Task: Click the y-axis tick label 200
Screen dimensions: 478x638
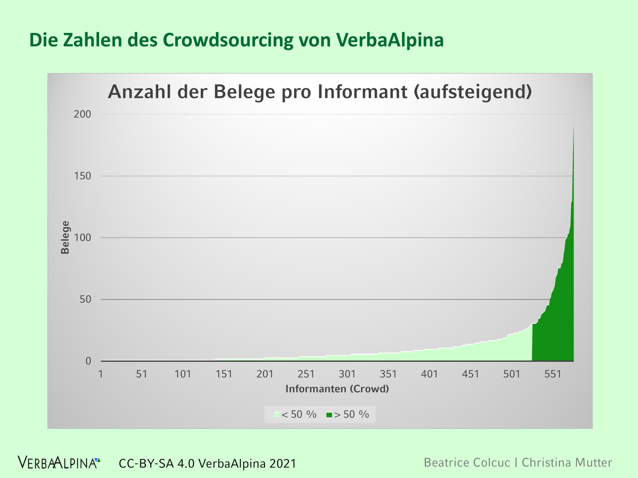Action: coord(82,114)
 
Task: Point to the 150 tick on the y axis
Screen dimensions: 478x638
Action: coord(82,176)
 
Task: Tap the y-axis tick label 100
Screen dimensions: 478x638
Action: coord(82,238)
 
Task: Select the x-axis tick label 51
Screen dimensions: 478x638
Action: coord(142,374)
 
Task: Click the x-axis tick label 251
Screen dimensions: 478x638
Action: coord(306,374)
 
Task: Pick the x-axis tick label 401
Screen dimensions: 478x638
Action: coord(429,374)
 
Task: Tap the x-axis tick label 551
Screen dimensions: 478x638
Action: coord(553,374)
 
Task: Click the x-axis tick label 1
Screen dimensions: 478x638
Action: coord(101,374)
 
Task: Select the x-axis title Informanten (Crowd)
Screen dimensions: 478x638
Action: coord(337,389)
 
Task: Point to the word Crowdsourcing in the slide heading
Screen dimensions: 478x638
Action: coord(228,40)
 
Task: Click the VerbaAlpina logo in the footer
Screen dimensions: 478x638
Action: coord(59,463)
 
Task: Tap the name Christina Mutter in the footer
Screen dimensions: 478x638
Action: coord(567,463)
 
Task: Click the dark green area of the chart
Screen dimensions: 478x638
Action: coord(559,331)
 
